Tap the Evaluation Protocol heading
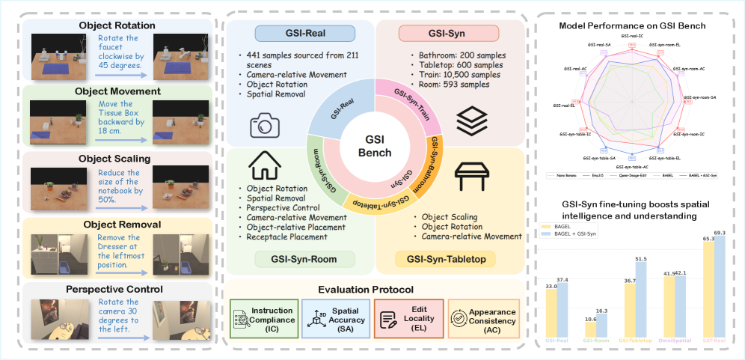(x=375, y=289)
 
